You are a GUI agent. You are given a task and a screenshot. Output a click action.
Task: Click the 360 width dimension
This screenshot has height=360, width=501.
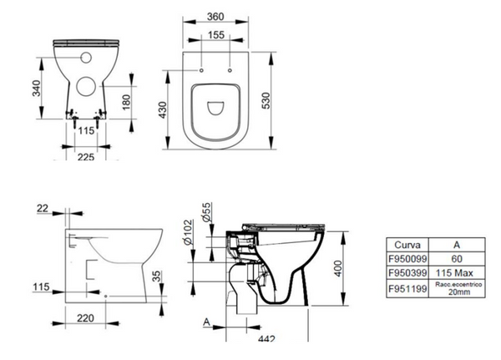coord(217,18)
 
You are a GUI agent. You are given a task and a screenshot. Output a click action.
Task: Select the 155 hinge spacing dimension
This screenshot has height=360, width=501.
coord(217,36)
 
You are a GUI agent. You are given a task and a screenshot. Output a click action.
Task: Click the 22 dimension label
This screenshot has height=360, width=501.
coord(43,208)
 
